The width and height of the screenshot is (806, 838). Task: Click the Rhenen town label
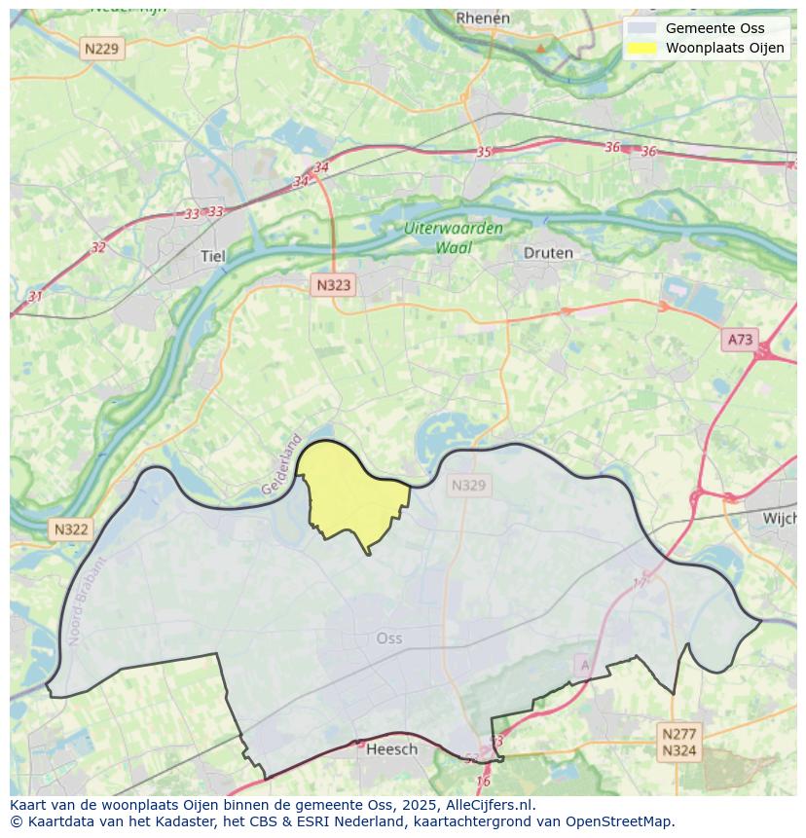[483, 18]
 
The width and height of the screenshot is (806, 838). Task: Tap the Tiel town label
[212, 256]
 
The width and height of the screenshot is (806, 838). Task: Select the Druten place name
[548, 252]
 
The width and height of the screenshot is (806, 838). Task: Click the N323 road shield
[333, 285]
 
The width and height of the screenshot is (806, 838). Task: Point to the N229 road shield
[102, 49]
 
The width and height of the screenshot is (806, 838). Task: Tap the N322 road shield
[71, 529]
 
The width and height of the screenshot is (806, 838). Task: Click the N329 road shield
[468, 485]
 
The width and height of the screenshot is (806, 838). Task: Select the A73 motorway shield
[740, 339]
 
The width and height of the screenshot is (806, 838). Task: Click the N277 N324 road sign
[678, 743]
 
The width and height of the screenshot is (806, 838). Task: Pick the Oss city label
[388, 638]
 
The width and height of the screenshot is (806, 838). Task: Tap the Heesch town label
[391, 748]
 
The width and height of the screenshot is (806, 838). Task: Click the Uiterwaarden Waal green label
[454, 237]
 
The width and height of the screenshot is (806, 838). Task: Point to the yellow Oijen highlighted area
[350, 492]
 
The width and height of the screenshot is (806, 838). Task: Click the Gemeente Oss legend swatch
[641, 28]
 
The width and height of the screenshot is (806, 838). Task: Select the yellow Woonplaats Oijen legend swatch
[641, 48]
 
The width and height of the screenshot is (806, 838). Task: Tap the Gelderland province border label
[282, 464]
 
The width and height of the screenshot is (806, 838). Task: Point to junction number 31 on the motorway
[35, 296]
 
